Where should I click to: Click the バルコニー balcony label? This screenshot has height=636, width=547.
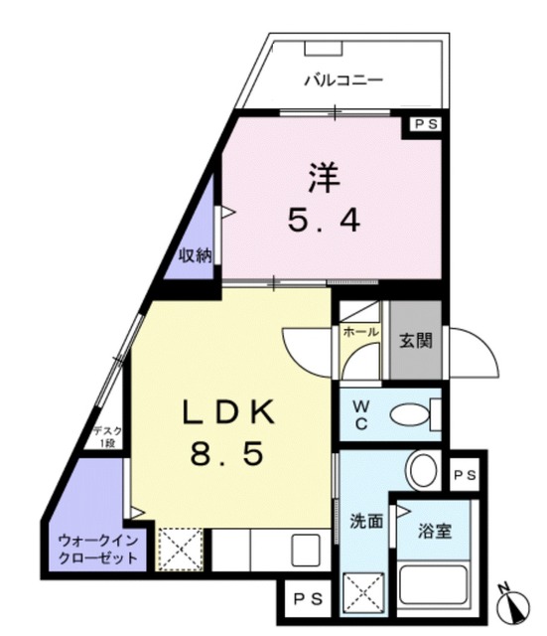pyautogui.click(x=343, y=79)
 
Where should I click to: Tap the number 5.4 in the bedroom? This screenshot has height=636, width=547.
pyautogui.click(x=324, y=220)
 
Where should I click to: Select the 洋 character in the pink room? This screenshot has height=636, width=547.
pyautogui.click(x=324, y=180)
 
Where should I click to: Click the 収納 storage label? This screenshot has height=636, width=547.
pyautogui.click(x=196, y=255)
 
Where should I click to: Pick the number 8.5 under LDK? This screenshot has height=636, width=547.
pyautogui.click(x=225, y=454)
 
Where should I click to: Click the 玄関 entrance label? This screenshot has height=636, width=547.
pyautogui.click(x=415, y=340)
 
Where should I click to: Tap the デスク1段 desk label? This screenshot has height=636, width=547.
pyautogui.click(x=106, y=437)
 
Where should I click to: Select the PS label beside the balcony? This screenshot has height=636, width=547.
pyautogui.click(x=426, y=125)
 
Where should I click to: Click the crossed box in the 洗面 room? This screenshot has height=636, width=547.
pyautogui.click(x=361, y=593)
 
